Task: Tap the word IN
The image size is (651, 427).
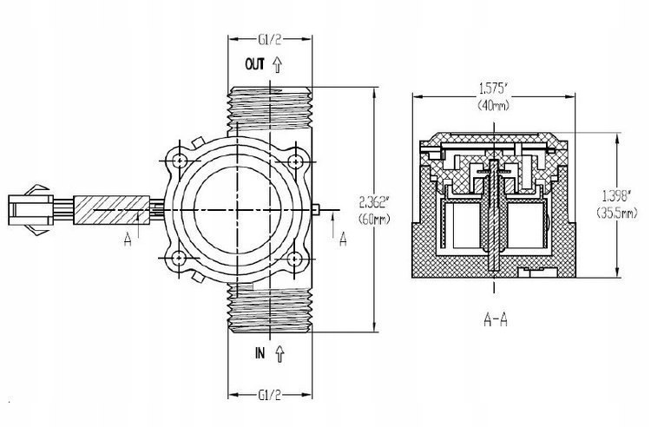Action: click(260, 354)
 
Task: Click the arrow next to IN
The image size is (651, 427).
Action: click(278, 354)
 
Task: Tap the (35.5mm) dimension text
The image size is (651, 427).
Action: click(616, 213)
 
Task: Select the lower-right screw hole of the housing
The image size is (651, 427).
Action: click(296, 258)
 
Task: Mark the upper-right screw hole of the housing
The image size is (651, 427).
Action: click(296, 162)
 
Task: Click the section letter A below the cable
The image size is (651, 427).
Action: click(128, 236)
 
